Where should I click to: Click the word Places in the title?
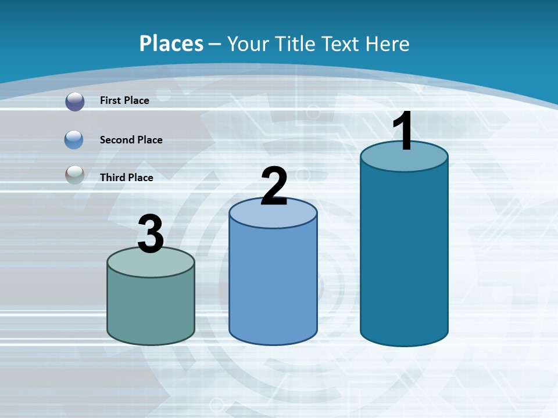[x=171, y=44]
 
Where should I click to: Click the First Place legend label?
[x=124, y=100]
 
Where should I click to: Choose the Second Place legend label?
[x=131, y=140]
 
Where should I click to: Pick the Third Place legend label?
[x=126, y=178]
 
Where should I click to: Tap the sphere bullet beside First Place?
[x=75, y=101]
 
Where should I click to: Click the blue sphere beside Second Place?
[x=74, y=139]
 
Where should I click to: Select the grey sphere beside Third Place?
[x=74, y=175]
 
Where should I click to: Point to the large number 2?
[x=274, y=186]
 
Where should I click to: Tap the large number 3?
[x=151, y=234]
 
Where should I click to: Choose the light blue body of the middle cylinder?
[x=273, y=284]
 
